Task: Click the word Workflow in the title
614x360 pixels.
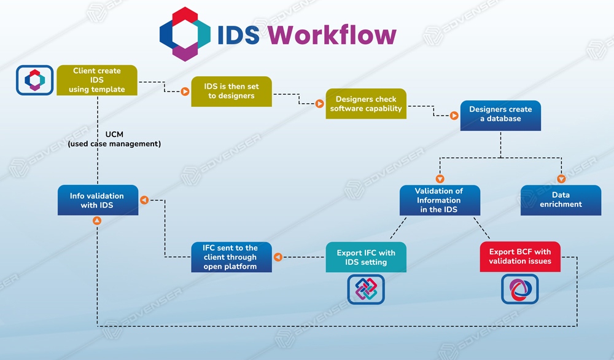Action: pyautogui.click(x=332, y=35)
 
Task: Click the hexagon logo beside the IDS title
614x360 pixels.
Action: pyautogui.click(x=184, y=34)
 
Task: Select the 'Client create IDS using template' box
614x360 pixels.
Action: pyautogui.click(x=97, y=80)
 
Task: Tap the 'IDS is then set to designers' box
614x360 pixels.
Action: pyautogui.click(x=231, y=92)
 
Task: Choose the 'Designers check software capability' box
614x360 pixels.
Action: pyautogui.click(x=366, y=104)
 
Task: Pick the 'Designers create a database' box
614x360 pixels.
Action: pyautogui.click(x=500, y=115)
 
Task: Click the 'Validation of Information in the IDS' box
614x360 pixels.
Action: pyautogui.click(x=439, y=200)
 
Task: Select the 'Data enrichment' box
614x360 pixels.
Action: pyautogui.click(x=561, y=200)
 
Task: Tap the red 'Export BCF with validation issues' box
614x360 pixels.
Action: pyautogui.click(x=520, y=257)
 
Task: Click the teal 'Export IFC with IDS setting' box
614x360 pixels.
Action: pyautogui.click(x=366, y=257)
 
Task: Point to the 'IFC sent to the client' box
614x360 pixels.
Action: pyautogui.click(x=230, y=257)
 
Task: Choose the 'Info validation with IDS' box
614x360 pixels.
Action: pyautogui.click(x=97, y=200)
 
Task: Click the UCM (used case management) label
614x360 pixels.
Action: pyautogui.click(x=114, y=139)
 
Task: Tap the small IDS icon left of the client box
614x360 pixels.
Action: pyautogui.click(x=35, y=80)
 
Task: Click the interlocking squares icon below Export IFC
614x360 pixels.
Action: pyautogui.click(x=366, y=289)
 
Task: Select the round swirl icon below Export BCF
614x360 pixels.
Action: pyautogui.click(x=520, y=289)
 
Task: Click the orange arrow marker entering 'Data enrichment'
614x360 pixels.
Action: pyautogui.click(x=561, y=179)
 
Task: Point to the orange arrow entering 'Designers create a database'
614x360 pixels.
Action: pyautogui.click(x=454, y=115)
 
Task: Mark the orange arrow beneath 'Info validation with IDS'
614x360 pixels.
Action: pyautogui.click(x=97, y=221)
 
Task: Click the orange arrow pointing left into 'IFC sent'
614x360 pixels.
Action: pyautogui.click(x=277, y=257)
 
